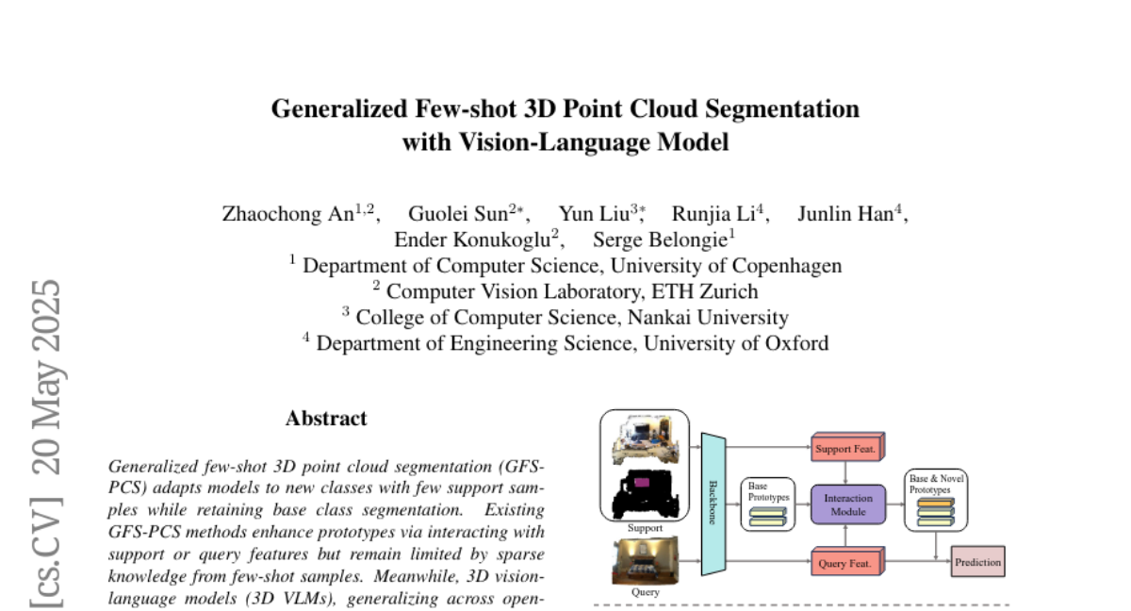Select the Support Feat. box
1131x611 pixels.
coord(845,449)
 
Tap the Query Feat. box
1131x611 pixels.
coord(845,564)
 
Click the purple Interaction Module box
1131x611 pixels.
coord(848,504)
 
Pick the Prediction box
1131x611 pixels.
coord(977,563)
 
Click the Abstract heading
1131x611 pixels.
coord(326,418)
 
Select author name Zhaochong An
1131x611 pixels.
coord(288,213)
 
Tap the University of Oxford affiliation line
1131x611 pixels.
coord(565,343)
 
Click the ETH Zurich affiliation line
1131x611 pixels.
coord(565,291)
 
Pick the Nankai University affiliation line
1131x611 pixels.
coord(565,318)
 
